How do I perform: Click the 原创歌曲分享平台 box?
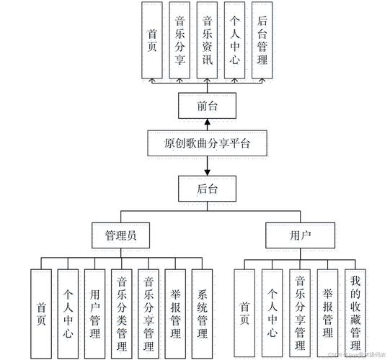point(207,143)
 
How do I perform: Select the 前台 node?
point(207,106)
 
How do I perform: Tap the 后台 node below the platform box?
point(207,190)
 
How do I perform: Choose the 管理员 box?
point(120,235)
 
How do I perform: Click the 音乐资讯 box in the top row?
point(207,40)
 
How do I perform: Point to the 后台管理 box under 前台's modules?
point(262,40)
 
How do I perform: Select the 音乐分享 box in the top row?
point(180,40)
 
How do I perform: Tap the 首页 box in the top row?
point(152,40)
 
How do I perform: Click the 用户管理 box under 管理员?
point(94,313)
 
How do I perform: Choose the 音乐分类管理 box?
point(121,313)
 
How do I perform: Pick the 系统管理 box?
point(203,313)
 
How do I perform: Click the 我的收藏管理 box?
point(355,313)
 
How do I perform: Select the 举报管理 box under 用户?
point(328,313)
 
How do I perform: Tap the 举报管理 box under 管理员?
point(175,313)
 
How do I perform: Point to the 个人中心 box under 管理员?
point(67,313)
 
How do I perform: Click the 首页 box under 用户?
point(246,313)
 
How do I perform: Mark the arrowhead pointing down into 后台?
point(207,173)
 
